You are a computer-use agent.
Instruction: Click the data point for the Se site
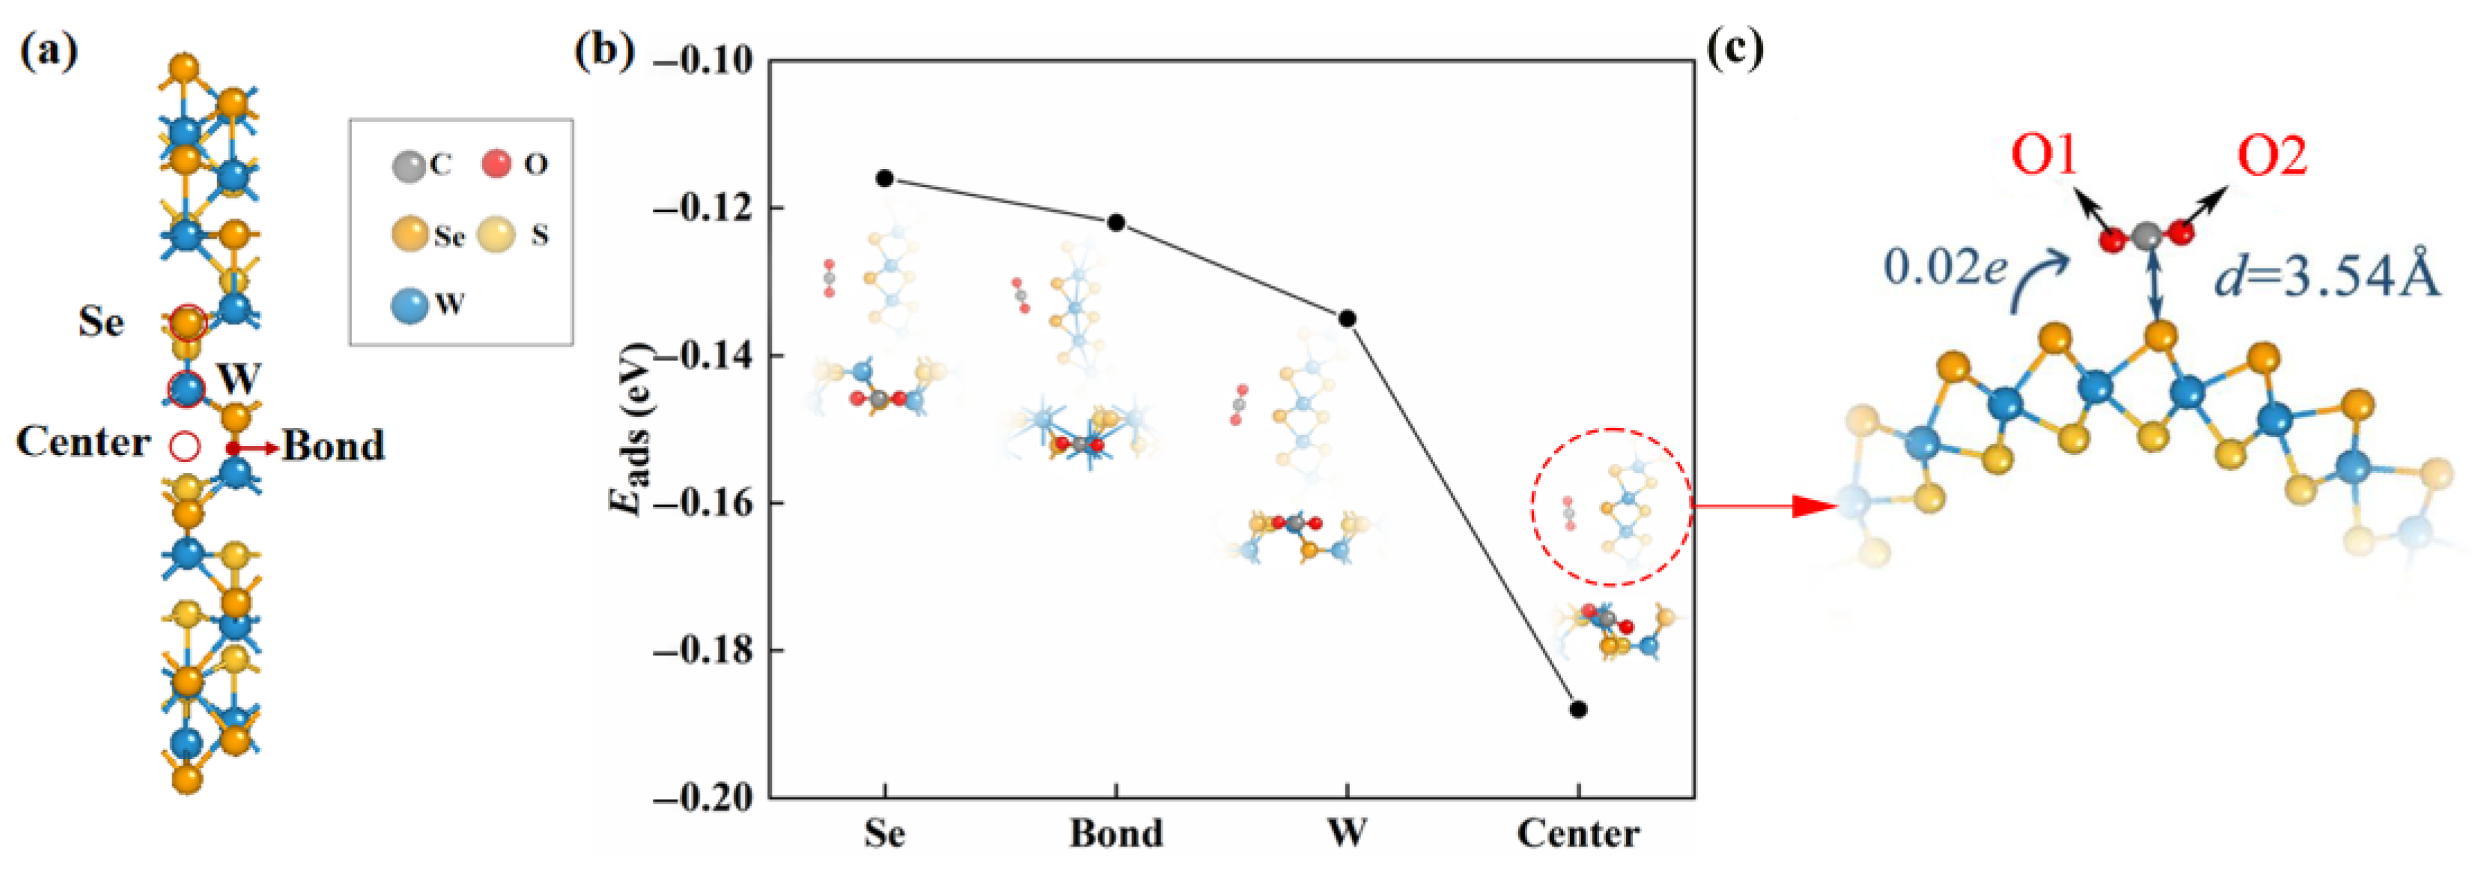(885, 178)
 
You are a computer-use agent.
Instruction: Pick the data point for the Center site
(1579, 709)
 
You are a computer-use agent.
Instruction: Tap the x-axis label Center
(1579, 832)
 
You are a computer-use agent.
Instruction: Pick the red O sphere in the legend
(496, 164)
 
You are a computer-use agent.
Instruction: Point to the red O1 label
(2045, 156)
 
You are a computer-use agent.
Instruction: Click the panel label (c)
(1735, 48)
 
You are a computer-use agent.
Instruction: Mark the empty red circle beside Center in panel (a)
(185, 445)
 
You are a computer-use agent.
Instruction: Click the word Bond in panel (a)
(334, 445)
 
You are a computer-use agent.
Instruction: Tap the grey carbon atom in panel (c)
(2146, 235)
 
